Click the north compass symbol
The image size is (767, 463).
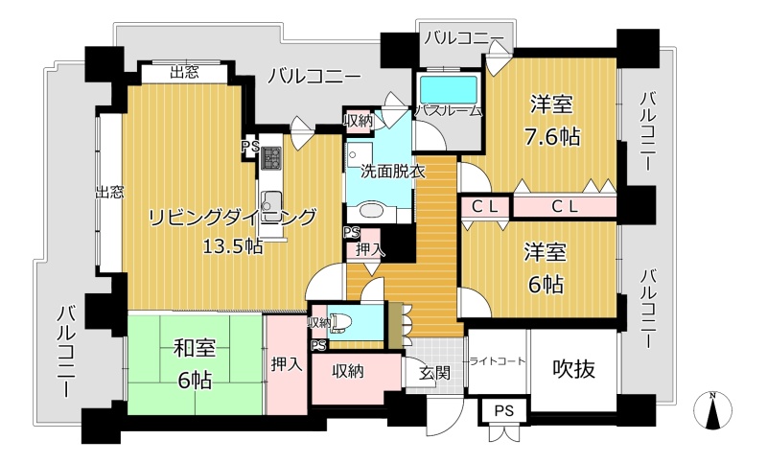tap(713, 410)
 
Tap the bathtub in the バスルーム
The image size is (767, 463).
tap(449, 90)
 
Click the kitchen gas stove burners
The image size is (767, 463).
tap(270, 157)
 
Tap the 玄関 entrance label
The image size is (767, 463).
tap(435, 373)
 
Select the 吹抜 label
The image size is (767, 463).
tap(573, 369)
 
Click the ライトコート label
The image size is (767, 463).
tap(497, 361)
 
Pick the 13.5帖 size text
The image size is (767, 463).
tap(233, 247)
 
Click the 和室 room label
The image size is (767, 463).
tap(196, 348)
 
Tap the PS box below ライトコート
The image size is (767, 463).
tap(504, 410)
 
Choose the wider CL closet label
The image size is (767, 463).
tap(565, 206)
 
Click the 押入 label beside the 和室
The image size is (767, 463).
tap(287, 364)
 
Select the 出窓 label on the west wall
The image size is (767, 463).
tap(109, 192)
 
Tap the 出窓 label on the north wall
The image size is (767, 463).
tap(184, 73)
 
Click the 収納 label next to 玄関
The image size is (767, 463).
tap(348, 371)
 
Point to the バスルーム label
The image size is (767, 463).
tap(449, 111)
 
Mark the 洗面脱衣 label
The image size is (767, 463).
tap(393, 172)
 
